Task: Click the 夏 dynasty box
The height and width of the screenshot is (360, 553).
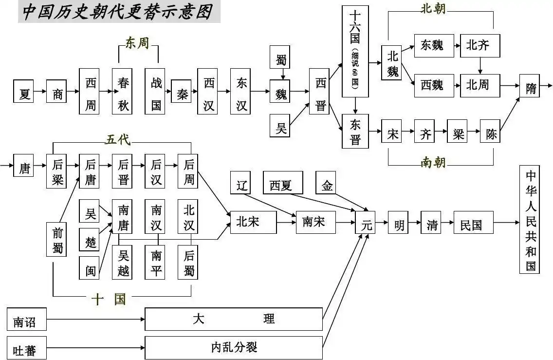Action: (24, 92)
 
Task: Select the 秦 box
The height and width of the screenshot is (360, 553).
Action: (181, 92)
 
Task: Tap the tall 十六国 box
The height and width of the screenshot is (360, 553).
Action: (355, 51)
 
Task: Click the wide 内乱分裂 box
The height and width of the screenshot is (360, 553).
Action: (234, 347)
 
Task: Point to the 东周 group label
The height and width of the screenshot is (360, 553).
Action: (138, 43)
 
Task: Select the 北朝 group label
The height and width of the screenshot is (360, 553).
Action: (433, 8)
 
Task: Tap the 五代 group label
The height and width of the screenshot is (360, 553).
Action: (117, 140)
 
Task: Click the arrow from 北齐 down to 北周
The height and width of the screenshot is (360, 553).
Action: (480, 66)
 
